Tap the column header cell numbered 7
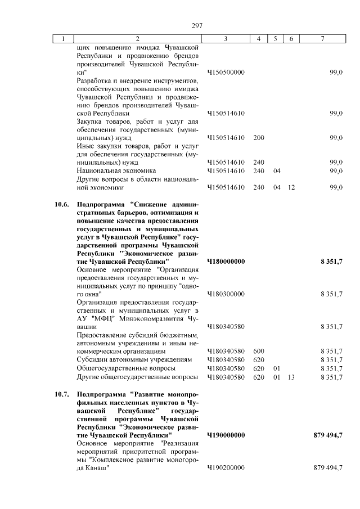click(x=322, y=39)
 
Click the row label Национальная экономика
click(x=116, y=170)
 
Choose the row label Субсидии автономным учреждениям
click(x=134, y=359)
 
